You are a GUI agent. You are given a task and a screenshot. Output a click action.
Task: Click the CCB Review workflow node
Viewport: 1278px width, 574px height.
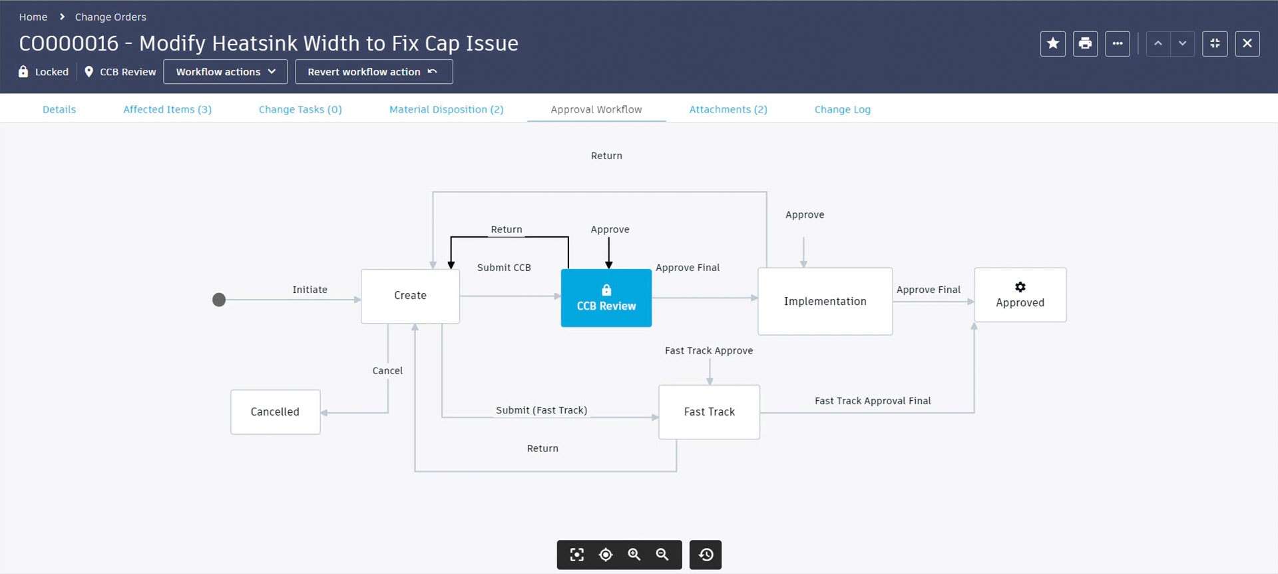point(606,298)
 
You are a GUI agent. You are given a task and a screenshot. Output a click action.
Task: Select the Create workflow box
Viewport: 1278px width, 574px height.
point(410,296)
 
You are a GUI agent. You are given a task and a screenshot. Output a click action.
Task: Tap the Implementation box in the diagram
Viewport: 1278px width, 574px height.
point(825,301)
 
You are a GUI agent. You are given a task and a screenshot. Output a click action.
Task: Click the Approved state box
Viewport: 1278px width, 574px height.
point(1020,295)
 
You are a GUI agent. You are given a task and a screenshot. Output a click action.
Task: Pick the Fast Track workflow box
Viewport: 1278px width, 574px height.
point(709,412)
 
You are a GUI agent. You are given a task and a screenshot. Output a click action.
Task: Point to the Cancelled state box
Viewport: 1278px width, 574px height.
point(275,412)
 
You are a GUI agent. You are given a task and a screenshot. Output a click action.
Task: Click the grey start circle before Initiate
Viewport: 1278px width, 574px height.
point(219,300)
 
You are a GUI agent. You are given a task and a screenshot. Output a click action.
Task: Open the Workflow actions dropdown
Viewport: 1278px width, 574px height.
point(225,72)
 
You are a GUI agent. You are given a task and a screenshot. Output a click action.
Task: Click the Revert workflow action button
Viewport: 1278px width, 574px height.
point(373,72)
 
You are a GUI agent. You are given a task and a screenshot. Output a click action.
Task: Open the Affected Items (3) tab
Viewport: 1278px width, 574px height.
point(167,109)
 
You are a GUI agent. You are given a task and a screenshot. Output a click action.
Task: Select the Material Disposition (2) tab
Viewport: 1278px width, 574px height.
point(446,109)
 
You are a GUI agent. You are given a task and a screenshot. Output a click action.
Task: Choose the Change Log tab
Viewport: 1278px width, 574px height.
point(842,109)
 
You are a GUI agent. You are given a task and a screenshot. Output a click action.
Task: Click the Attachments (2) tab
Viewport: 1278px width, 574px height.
point(728,109)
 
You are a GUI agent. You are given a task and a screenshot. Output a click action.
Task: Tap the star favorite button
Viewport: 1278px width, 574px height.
point(1052,44)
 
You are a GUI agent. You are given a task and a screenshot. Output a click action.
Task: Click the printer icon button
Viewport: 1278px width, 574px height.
point(1085,44)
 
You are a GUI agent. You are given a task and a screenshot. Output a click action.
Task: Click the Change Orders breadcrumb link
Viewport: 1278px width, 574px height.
point(110,17)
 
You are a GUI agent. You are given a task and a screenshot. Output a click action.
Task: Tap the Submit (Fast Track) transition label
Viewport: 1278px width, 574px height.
point(541,410)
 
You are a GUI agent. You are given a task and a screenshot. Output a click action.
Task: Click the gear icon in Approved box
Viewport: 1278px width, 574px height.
point(1020,287)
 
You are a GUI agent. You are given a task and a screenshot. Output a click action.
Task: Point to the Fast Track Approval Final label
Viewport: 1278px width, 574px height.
point(872,401)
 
